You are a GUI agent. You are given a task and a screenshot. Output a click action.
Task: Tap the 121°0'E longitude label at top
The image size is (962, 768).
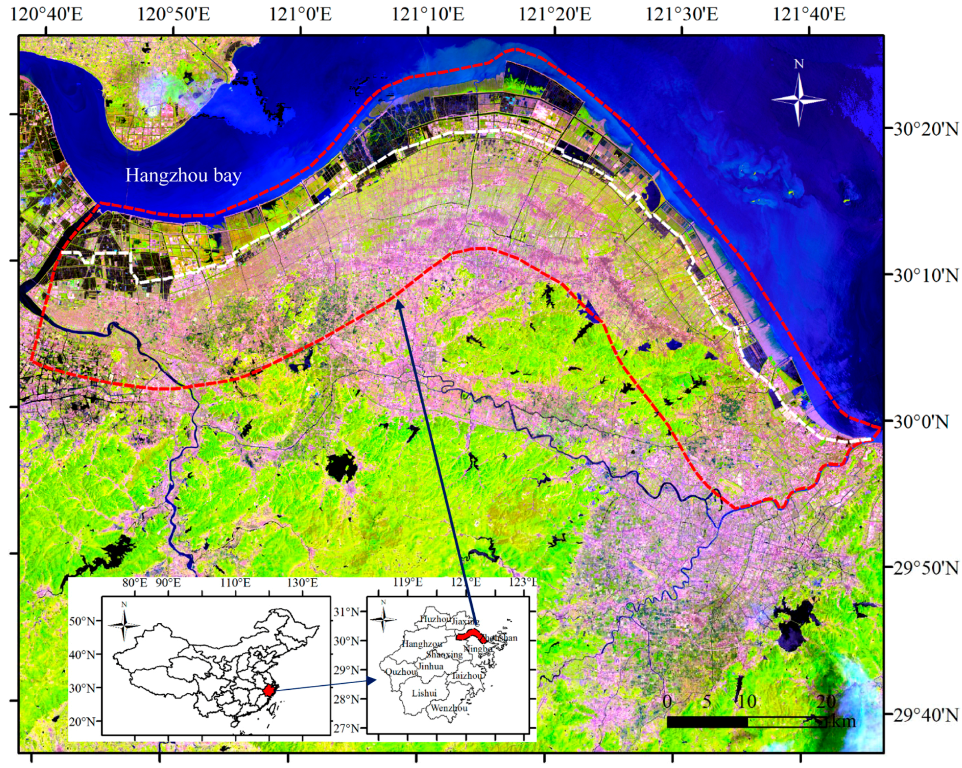click(300, 15)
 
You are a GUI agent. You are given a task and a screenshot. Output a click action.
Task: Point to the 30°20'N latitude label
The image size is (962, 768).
click(925, 130)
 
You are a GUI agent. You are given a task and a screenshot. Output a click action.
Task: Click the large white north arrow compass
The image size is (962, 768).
click(798, 99)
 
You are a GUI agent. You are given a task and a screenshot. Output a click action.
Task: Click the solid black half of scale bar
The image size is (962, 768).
click(707, 722)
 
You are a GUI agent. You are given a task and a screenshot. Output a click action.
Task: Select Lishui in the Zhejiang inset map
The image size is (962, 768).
click(424, 693)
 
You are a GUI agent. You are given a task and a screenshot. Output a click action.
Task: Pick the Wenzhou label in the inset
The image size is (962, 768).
click(449, 708)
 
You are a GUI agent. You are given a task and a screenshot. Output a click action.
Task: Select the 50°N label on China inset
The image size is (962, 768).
click(83, 622)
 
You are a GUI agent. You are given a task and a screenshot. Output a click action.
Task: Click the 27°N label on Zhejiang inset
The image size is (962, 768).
click(346, 729)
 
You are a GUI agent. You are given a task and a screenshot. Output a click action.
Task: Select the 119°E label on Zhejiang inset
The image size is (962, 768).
click(408, 582)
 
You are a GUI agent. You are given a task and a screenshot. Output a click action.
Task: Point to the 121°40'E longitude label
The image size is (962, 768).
click(808, 15)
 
